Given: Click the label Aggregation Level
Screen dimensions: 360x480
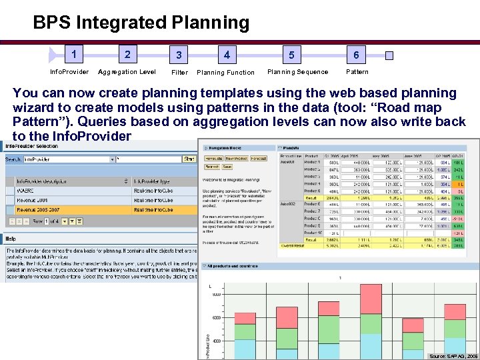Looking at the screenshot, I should click(x=127, y=72).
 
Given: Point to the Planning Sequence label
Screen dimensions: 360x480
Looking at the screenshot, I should click(x=297, y=72).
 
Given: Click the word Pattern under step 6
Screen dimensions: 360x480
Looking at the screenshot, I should click(x=357, y=72).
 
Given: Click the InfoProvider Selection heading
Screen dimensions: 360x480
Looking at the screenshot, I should click(x=33, y=145).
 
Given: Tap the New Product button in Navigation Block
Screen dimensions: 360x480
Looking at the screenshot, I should click(x=235, y=159).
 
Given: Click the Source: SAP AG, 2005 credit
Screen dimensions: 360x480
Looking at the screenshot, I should click(x=453, y=356).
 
